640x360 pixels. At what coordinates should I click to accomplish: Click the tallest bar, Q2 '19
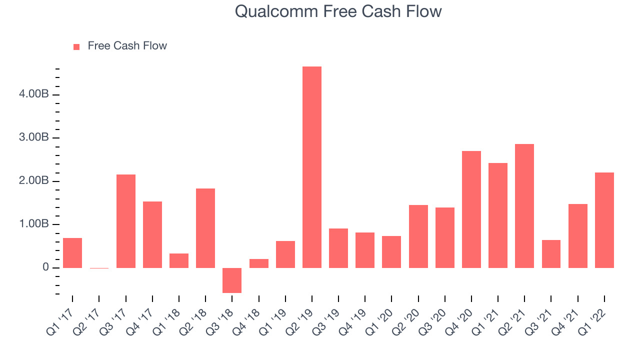click(311, 167)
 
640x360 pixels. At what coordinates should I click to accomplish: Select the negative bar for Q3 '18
click(232, 280)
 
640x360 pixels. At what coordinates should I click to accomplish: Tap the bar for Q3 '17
click(126, 221)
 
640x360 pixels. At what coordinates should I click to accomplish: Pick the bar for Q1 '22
click(604, 220)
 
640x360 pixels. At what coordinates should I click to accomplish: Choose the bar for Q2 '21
click(524, 206)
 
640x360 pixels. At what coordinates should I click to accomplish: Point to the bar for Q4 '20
click(471, 209)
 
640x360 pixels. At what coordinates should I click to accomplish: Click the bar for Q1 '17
click(72, 253)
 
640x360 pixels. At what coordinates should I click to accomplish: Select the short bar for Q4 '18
click(259, 263)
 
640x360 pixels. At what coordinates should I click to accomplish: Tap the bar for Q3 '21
click(551, 254)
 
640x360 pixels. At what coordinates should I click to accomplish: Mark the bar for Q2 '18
click(205, 228)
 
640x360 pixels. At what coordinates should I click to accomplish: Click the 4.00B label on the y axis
click(33, 93)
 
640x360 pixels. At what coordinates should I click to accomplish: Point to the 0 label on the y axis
click(45, 267)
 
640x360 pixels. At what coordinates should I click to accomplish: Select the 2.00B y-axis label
click(33, 180)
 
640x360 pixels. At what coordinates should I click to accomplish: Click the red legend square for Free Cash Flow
click(76, 47)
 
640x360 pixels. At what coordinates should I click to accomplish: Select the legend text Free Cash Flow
click(127, 45)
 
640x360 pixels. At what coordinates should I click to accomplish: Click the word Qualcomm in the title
click(276, 12)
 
